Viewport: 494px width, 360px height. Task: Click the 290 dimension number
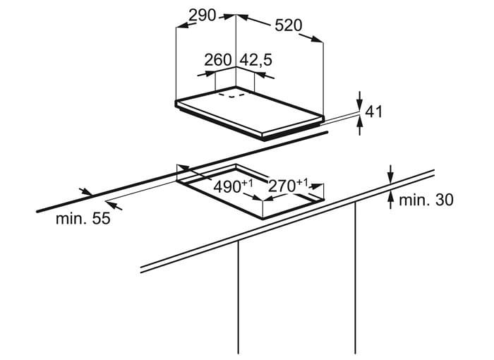point(203,15)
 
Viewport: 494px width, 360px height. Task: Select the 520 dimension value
point(288,25)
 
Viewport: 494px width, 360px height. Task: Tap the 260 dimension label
point(218,59)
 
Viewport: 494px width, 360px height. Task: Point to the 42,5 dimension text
point(255,59)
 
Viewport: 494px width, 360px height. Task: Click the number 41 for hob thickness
point(373,112)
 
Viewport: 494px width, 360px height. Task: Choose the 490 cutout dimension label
point(233,186)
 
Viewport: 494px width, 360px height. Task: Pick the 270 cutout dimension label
point(288,186)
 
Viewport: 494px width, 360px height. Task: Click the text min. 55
point(83,218)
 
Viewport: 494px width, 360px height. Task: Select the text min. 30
point(426,200)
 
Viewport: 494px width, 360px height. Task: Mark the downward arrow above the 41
point(360,101)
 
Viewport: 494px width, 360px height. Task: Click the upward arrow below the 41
point(360,125)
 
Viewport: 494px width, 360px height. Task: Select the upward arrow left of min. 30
point(391,200)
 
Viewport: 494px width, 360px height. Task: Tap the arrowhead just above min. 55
point(85,191)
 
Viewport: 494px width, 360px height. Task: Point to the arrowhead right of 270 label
point(316,186)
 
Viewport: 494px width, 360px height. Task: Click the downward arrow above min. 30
point(391,174)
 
